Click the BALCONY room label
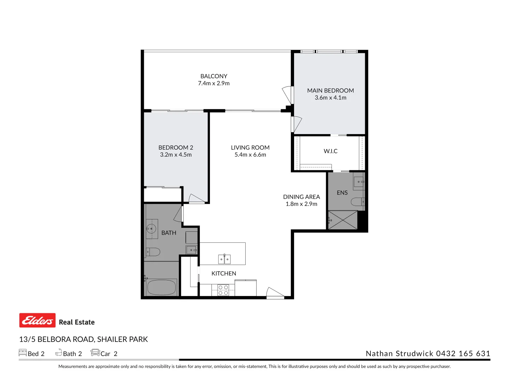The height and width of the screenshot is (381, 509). (x=213, y=76)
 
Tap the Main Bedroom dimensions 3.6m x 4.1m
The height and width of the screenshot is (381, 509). (x=330, y=98)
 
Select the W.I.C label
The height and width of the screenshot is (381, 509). (x=330, y=151)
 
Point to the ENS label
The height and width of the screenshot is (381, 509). (x=342, y=193)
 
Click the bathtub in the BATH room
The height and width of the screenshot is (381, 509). (x=162, y=287)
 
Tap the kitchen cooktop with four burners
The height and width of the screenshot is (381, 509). (x=223, y=290)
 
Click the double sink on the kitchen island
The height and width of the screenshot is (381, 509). (x=224, y=259)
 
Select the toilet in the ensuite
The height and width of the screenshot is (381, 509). (x=357, y=202)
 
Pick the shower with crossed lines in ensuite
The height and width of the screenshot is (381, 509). (x=343, y=220)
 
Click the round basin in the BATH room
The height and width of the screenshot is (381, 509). (x=152, y=229)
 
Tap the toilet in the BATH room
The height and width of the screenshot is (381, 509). (x=153, y=252)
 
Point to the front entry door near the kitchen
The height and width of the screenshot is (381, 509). (x=275, y=293)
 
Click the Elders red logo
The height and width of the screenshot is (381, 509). (x=37, y=320)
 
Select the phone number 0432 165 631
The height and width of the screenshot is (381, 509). (x=463, y=353)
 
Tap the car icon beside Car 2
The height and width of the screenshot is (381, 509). (x=95, y=352)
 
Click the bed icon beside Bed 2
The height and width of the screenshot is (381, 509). (x=23, y=352)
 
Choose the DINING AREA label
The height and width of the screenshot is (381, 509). (x=301, y=197)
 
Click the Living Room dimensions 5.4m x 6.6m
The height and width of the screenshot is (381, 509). (x=250, y=155)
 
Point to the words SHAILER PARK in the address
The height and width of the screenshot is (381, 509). (x=123, y=339)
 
